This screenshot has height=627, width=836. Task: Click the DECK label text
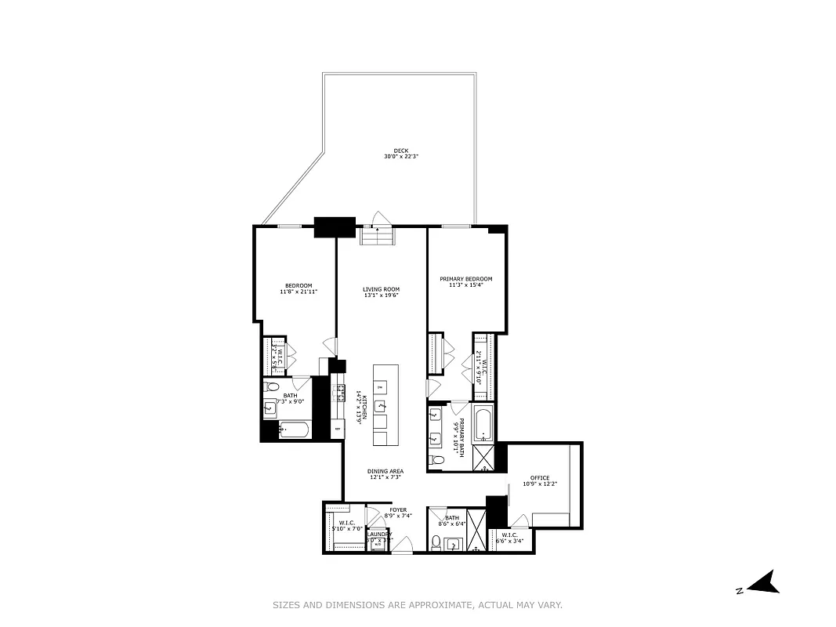[x=401, y=151]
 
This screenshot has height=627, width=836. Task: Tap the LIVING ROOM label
[x=381, y=289]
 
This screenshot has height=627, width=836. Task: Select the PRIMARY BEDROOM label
[x=465, y=280]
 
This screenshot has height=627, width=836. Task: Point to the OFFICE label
[x=539, y=478]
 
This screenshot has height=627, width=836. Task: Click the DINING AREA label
[x=385, y=471]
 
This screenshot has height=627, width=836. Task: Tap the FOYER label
[x=398, y=509]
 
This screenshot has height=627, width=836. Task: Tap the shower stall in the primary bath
[x=483, y=458]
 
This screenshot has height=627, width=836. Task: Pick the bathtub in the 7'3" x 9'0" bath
[x=295, y=429]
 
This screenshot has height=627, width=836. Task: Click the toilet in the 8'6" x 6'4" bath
[x=436, y=542]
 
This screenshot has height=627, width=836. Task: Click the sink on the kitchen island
[x=380, y=405]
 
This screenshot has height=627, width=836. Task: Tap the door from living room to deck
[x=380, y=219]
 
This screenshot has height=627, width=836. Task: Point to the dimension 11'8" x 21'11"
[x=298, y=292]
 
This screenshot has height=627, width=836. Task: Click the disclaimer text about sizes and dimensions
[x=417, y=605]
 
